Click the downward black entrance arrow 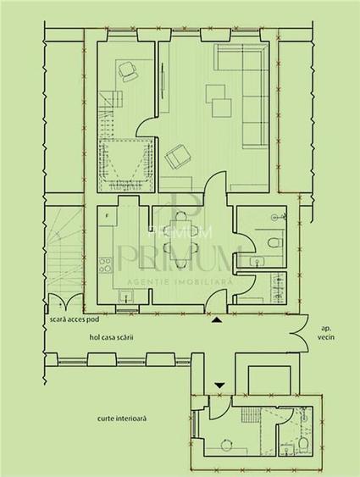point(220,385)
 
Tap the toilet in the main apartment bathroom point(273,244)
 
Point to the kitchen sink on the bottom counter point(125,295)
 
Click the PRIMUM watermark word point(180,255)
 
